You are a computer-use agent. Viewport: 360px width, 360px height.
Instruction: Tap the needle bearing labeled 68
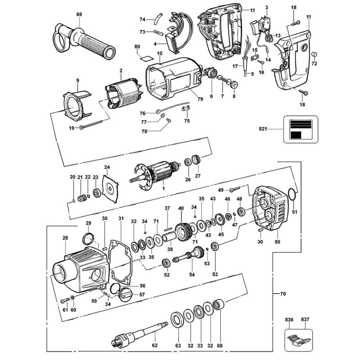point(220,307)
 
